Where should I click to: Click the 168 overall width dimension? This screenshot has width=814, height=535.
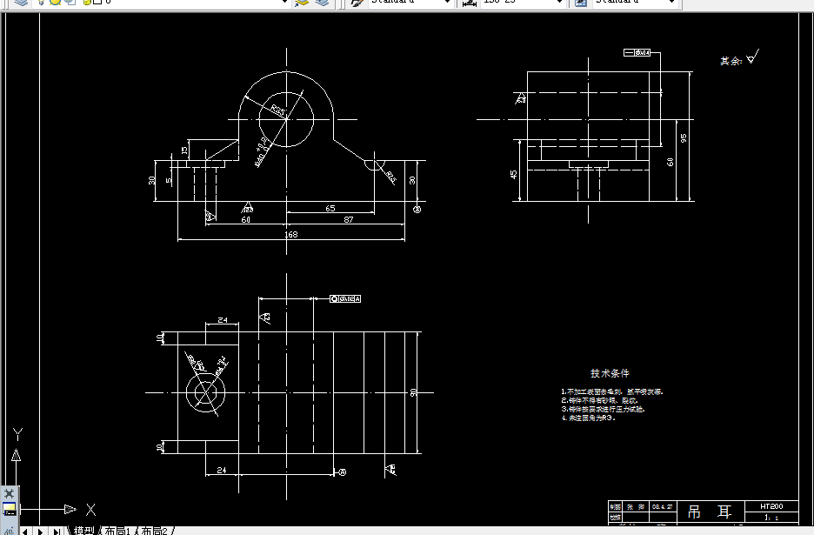290,234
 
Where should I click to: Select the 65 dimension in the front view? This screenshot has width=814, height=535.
330,208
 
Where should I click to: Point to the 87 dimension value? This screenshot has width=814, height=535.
349,220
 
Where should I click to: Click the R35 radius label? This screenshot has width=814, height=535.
277,110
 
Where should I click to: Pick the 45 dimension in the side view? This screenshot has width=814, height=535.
513,174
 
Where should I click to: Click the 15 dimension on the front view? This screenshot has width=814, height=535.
184,150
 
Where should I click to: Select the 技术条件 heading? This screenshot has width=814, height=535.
610,373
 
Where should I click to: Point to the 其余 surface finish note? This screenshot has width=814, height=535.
731,61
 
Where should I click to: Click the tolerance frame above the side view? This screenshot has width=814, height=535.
638,53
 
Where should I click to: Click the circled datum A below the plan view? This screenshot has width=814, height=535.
342,472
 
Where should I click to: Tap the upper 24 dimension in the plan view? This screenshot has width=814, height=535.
224,320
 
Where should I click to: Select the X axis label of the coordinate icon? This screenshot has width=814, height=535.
90,509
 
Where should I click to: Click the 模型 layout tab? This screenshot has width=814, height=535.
83,531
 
